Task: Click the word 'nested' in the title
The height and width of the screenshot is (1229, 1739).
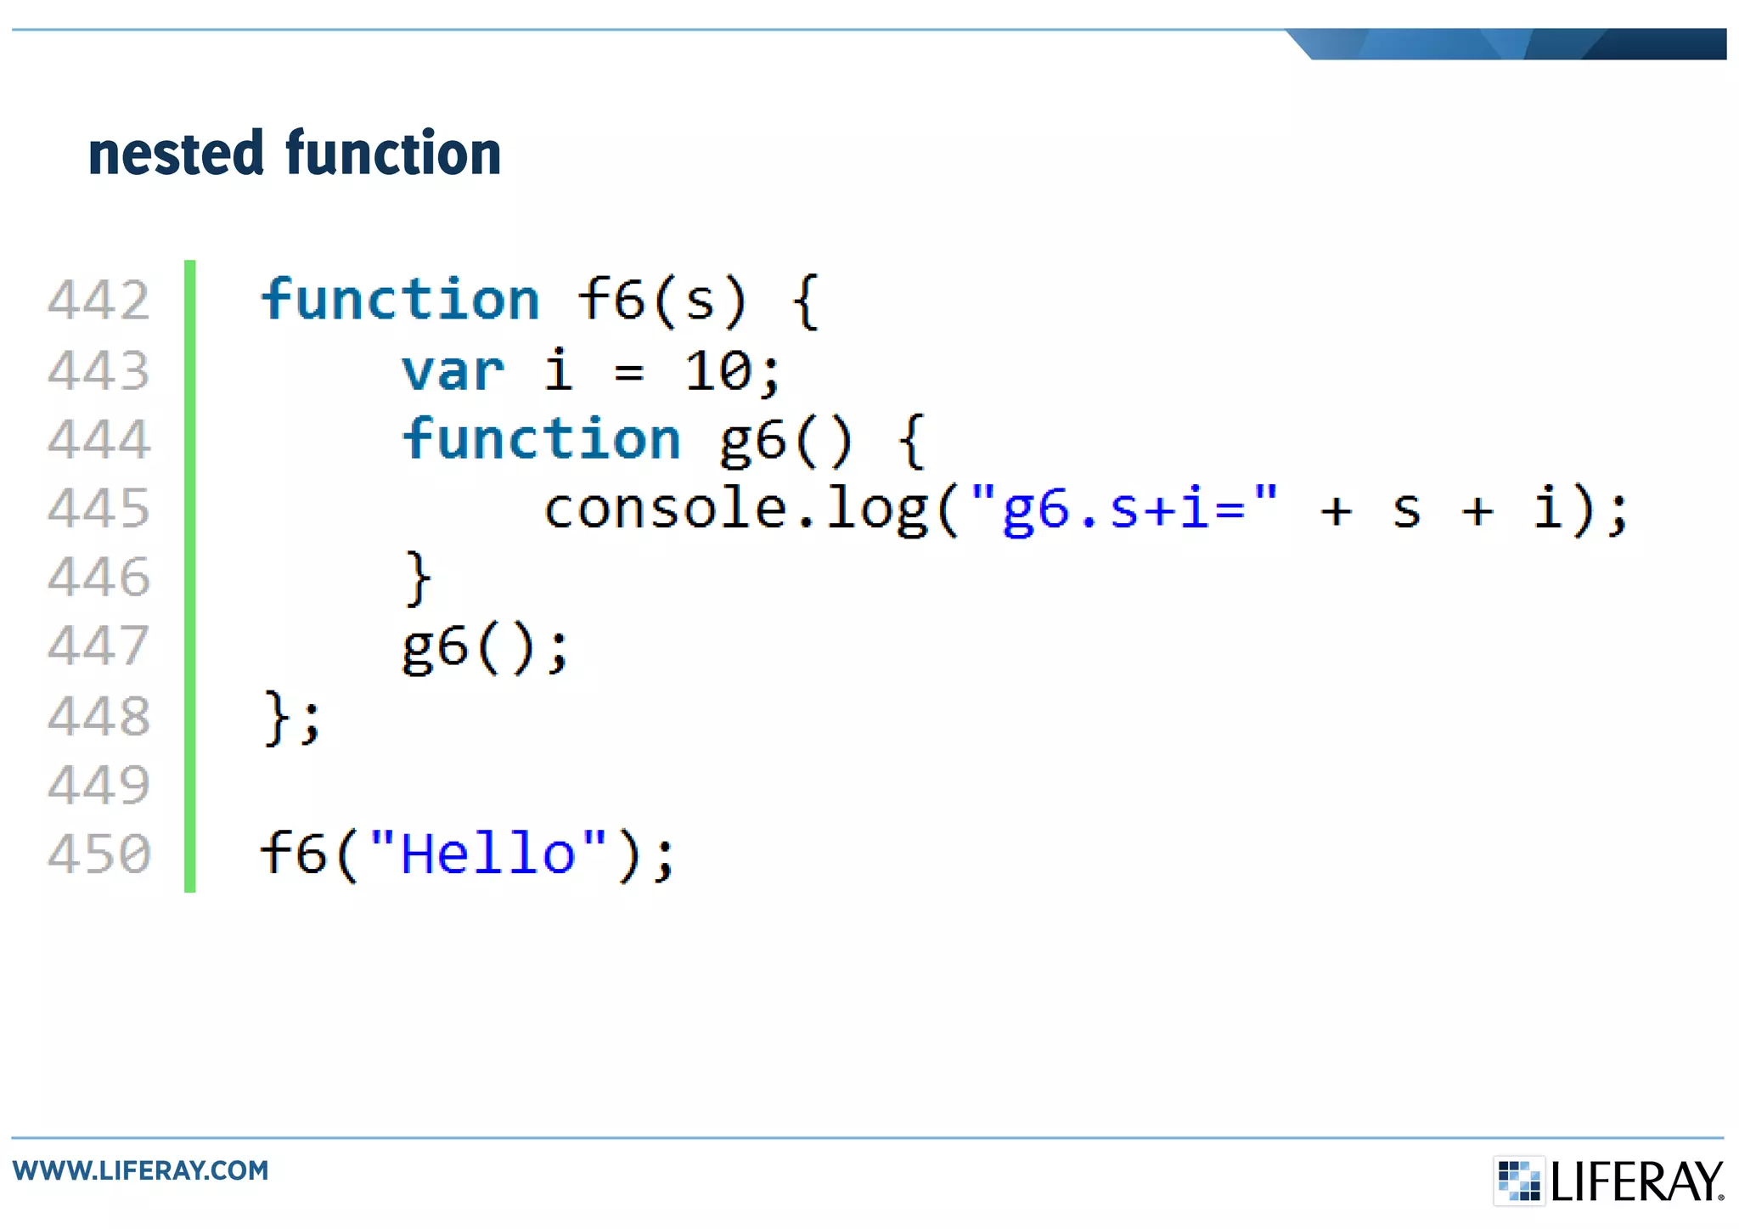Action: [176, 154]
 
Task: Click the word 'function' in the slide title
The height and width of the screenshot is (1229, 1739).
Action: [393, 154]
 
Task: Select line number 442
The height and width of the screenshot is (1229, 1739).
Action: [99, 301]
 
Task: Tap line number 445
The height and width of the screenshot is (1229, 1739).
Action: [99, 509]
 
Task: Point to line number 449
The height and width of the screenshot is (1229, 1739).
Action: [99, 785]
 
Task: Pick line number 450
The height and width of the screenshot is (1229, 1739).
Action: [99, 854]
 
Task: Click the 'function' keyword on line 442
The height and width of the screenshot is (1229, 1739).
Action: [400, 300]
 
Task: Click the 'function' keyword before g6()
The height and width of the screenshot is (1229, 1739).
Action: [542, 439]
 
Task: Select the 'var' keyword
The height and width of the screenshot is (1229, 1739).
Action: [453, 371]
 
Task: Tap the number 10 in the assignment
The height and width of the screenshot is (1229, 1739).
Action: [718, 371]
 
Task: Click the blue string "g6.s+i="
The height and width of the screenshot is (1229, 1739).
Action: [1123, 509]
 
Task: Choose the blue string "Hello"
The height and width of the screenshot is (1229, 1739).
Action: [488, 854]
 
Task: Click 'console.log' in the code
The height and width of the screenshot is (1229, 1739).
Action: [736, 509]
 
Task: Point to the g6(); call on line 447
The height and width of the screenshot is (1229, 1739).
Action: [485, 647]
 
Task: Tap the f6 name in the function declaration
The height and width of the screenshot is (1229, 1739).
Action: [611, 300]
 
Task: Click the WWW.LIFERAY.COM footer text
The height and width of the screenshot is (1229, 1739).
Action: [140, 1170]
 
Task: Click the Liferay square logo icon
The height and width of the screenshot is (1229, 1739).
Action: [1519, 1180]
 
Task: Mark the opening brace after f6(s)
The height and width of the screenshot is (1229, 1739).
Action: [805, 302]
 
